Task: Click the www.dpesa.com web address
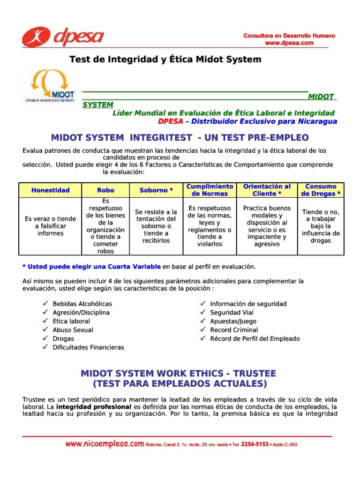[x=289, y=43]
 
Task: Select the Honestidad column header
[x=50, y=190]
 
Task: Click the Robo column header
[x=105, y=190]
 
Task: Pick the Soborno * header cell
[x=156, y=190]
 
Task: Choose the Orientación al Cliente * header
[x=267, y=190]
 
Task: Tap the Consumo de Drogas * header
[x=321, y=190]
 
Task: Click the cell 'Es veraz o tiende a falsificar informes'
[x=50, y=226]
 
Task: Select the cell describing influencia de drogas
[x=321, y=226]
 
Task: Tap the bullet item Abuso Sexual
[x=73, y=330]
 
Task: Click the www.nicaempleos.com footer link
[x=105, y=443]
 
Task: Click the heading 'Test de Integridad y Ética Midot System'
[x=165, y=60]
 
